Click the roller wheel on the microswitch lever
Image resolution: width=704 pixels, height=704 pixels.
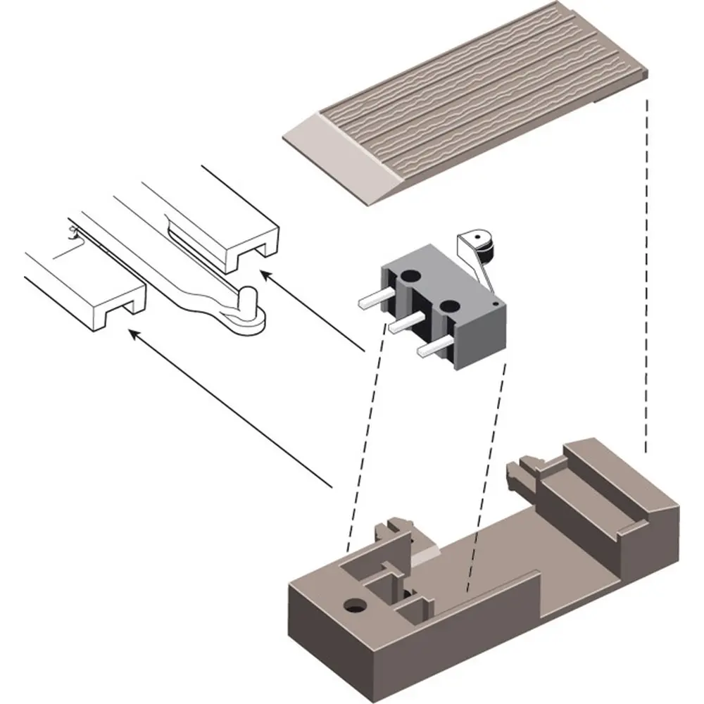tap(486, 245)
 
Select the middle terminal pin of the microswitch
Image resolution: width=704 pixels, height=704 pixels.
tap(402, 325)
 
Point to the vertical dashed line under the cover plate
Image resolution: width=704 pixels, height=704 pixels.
tap(646, 282)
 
